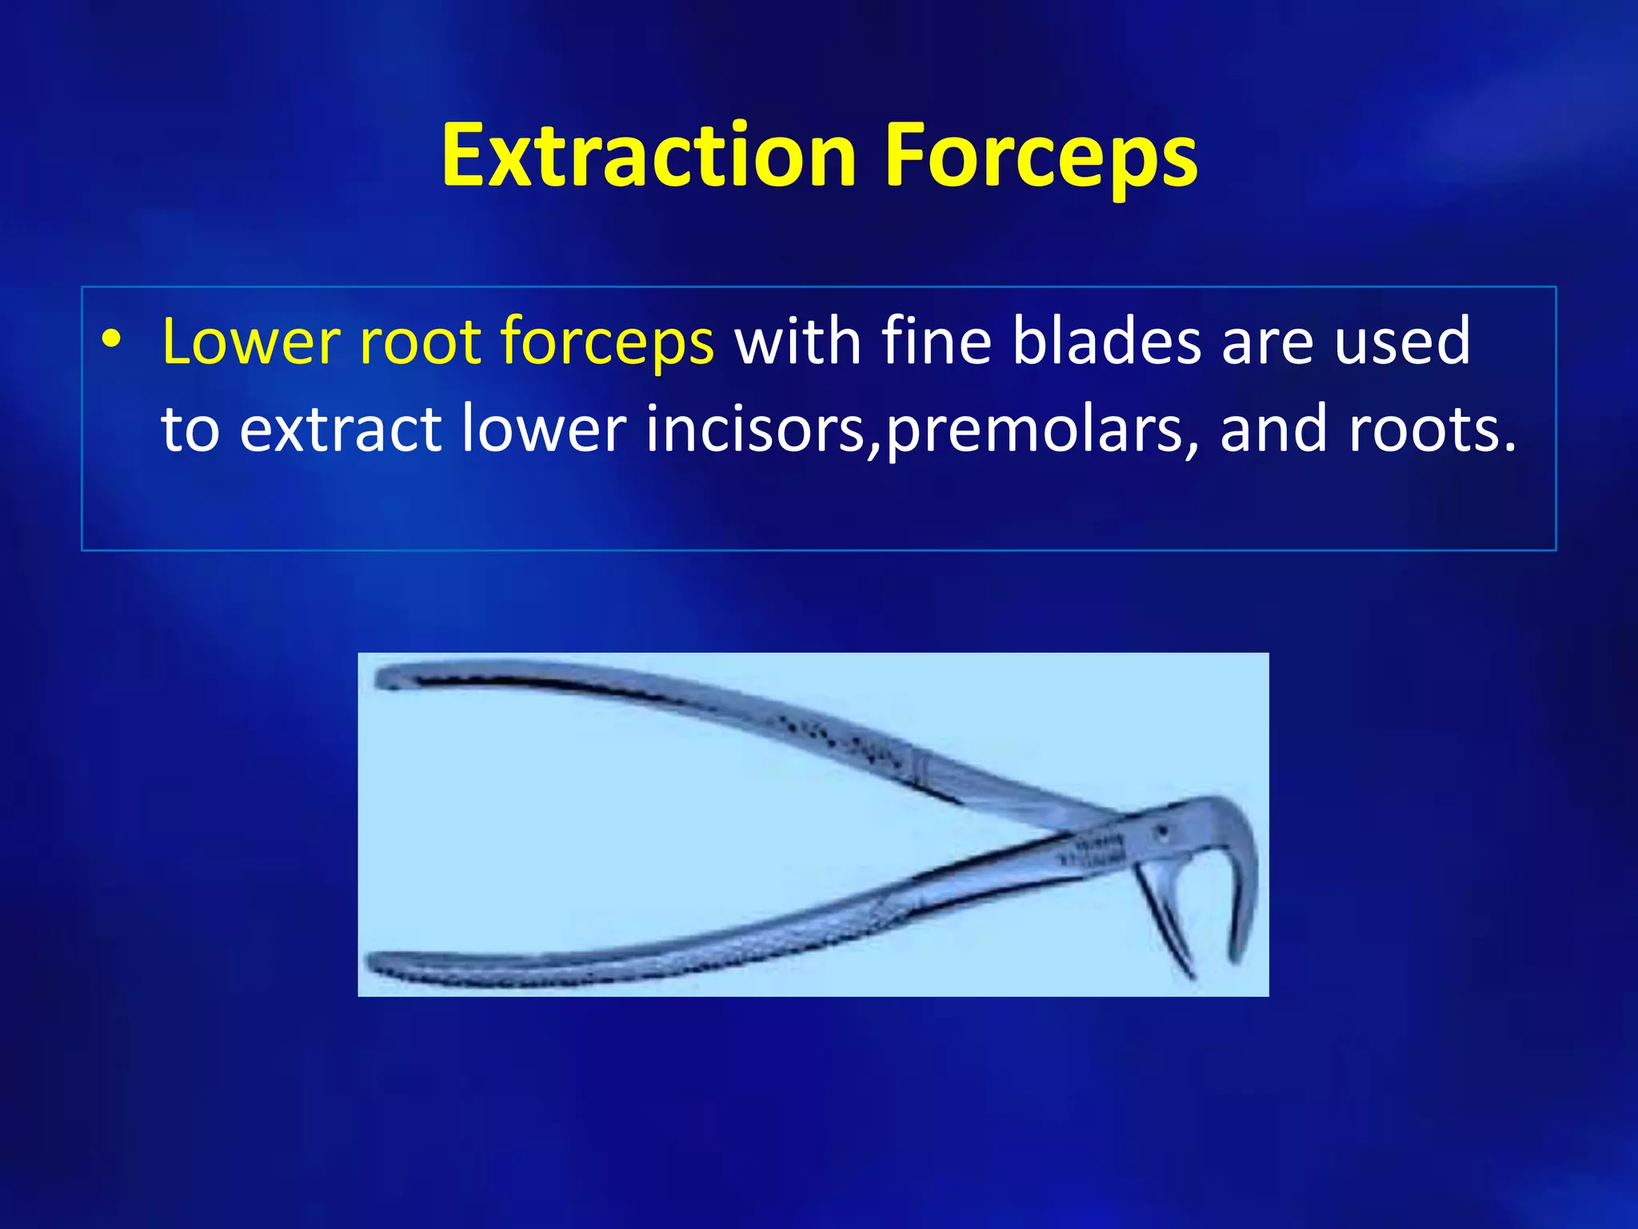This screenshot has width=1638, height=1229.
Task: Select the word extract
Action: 341,430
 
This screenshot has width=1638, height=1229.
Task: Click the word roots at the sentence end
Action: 1432,430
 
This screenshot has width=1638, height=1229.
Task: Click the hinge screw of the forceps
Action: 1162,833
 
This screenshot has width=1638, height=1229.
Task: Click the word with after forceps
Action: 797,342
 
